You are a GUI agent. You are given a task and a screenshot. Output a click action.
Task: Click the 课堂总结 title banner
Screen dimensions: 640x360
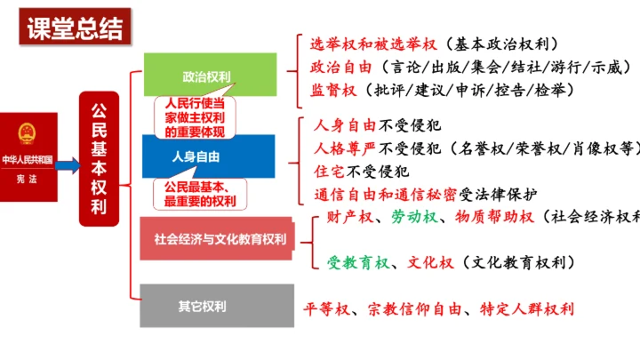75,27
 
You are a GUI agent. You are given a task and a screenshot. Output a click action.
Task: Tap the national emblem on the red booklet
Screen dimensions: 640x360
27,133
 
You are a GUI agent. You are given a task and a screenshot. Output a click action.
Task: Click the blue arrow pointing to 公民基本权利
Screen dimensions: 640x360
68,165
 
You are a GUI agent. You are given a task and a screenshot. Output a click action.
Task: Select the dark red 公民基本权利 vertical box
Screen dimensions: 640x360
100,159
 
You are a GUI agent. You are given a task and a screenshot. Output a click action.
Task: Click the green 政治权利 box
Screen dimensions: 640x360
210,75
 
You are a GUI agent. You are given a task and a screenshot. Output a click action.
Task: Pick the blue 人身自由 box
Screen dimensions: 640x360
209,156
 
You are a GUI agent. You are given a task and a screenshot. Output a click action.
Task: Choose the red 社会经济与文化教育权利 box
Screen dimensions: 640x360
217,239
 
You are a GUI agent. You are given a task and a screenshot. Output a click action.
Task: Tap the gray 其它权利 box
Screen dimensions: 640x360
217,306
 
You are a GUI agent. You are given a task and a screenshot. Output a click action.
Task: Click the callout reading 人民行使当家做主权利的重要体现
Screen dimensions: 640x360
195,117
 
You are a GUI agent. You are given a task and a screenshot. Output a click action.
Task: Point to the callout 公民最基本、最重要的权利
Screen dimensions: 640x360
200,195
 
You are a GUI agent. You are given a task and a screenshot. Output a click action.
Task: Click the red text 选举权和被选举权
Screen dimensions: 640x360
373,44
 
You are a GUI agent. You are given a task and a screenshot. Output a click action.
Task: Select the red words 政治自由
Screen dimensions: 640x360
340,67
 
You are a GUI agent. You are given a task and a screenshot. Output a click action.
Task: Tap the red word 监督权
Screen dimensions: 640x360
333,90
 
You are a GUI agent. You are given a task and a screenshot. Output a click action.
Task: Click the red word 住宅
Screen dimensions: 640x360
329,172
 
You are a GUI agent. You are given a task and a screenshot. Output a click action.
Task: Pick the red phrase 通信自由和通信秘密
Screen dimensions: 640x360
385,195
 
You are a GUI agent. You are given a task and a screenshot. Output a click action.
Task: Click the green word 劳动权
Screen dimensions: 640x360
414,217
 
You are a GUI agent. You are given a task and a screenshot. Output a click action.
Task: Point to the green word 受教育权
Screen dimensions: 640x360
358,262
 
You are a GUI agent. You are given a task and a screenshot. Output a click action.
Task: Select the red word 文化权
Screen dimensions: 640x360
430,262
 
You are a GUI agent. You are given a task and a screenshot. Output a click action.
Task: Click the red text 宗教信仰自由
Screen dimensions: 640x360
414,309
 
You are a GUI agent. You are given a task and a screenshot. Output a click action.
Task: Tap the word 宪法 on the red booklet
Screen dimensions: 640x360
27,179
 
